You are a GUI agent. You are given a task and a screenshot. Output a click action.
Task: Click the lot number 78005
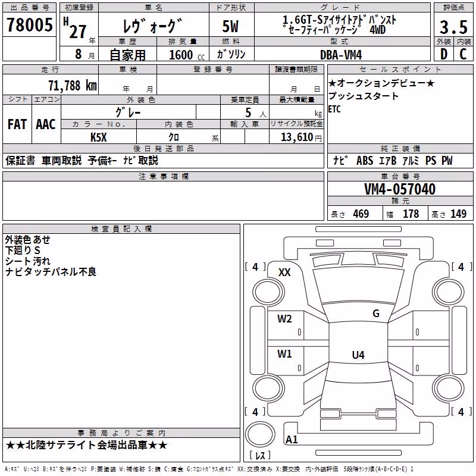point(29,24)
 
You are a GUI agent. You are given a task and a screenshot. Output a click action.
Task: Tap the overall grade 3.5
point(453,27)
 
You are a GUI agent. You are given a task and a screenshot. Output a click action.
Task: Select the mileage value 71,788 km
point(73,86)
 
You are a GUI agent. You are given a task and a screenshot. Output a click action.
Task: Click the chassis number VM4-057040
point(400,189)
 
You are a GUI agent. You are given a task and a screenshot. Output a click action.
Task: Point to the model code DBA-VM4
point(341,55)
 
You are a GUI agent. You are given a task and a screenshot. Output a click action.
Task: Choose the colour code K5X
point(99,137)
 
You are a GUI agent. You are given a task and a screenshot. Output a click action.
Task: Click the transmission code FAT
point(17,124)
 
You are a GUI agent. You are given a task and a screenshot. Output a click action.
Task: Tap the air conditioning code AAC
point(46,124)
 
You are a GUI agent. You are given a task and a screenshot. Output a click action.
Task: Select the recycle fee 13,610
point(297,137)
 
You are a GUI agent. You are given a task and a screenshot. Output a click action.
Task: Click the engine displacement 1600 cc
point(187,55)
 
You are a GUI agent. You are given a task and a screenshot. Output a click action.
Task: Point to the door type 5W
point(230,26)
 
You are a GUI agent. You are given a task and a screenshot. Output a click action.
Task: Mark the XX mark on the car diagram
point(284,273)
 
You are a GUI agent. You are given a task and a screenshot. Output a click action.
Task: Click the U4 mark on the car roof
point(358,355)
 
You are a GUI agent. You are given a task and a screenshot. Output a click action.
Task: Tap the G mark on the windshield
point(376,314)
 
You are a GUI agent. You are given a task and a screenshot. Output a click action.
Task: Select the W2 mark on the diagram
point(284,319)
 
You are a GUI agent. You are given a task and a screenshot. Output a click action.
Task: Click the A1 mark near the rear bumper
point(292,439)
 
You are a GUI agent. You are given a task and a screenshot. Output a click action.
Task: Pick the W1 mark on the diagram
point(284,353)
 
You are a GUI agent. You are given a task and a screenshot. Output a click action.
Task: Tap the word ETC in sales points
point(334,109)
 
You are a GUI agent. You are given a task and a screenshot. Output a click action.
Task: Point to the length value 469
point(361,214)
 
